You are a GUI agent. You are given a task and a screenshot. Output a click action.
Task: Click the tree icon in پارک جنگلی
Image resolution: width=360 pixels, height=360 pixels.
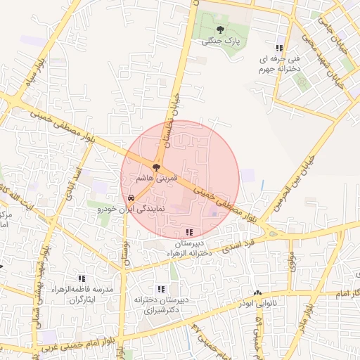pyautogui.click(x=221, y=30)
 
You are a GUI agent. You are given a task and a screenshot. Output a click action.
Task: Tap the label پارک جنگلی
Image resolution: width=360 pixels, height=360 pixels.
pyautogui.click(x=221, y=41)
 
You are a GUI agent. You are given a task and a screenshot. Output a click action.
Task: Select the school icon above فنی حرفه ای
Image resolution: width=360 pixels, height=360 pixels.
pyautogui.click(x=281, y=47)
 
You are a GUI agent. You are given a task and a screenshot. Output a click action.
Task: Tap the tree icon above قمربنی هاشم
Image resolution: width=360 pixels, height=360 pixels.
pyautogui.click(x=156, y=168)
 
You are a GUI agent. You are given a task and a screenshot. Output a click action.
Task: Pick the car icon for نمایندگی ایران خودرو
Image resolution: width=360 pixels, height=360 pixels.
pyautogui.click(x=131, y=198)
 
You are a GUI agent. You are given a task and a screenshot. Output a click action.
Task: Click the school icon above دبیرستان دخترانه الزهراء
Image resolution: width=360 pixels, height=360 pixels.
pyautogui.click(x=188, y=231)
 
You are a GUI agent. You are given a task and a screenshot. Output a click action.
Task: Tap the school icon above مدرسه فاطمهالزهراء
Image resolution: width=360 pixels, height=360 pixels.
pyautogui.click(x=82, y=278)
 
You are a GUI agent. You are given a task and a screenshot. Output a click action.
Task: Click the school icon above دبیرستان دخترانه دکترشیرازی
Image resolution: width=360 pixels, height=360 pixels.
pyautogui.click(x=161, y=288)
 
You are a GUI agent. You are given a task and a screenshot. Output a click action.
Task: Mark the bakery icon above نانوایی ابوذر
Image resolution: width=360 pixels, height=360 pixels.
pyautogui.click(x=257, y=292)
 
